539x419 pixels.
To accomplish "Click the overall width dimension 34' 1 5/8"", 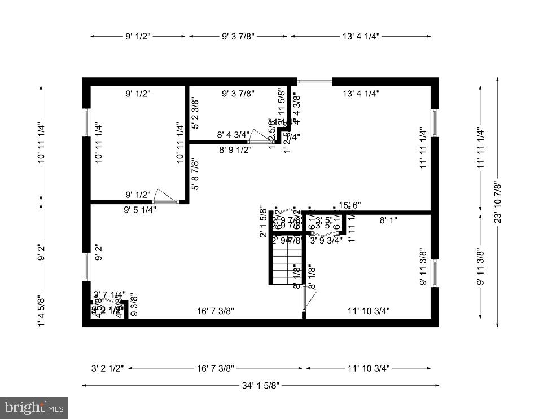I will click(261, 386).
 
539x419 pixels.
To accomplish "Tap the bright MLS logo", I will click(33, 407).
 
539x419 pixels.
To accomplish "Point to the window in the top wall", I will click(315, 82).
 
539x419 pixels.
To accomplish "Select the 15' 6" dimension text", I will click(350, 205).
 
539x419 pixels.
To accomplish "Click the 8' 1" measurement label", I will click(388, 220).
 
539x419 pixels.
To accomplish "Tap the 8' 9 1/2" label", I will click(235, 151).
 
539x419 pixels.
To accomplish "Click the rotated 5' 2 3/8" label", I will click(195, 114).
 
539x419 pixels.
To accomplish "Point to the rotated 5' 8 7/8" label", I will click(195, 175).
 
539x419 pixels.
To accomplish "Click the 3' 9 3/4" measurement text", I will click(327, 240).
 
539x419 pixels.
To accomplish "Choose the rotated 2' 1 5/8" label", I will click(262, 222).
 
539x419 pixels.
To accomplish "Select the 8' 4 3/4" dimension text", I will click(233, 135).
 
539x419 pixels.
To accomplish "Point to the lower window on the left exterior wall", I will click(86, 267).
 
